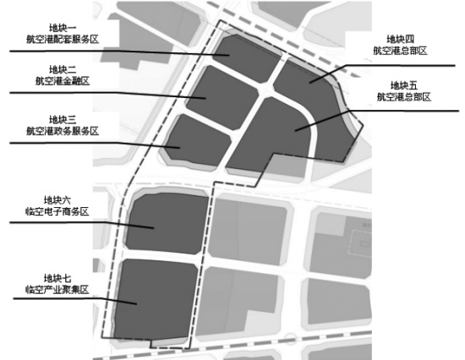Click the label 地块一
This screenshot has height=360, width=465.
tap(63, 28)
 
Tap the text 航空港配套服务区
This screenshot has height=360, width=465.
tap(63, 40)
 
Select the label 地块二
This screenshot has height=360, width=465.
tap(63, 69)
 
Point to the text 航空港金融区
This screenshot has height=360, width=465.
tap(63, 81)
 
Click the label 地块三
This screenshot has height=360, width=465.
tap(63, 120)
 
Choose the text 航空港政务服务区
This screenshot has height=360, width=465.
tap(63, 131)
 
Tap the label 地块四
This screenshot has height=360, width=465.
tap(401, 39)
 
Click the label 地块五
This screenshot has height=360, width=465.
tap(404, 85)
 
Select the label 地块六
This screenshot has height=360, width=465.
tap(57, 200)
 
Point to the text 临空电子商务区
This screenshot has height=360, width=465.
tap(57, 212)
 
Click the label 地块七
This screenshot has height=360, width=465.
tap(57, 279)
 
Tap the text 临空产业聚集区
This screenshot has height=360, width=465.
tap(57, 290)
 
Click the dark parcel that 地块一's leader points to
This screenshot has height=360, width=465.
tap(247, 57)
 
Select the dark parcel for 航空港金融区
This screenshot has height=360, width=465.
tap(222, 97)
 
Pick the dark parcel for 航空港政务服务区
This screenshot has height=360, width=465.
tap(198, 140)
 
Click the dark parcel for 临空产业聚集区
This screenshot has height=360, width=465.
tap(156, 299)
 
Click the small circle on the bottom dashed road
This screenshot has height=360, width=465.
tap(290, 339)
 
